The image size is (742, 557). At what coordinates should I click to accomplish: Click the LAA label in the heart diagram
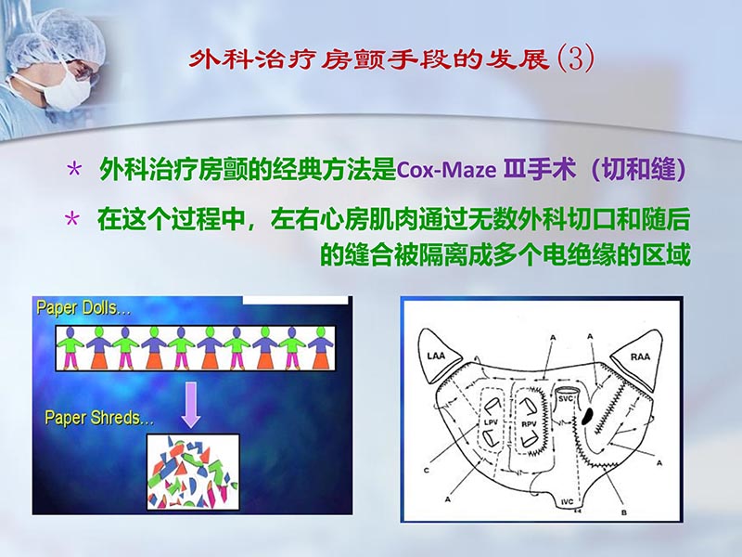[x=438, y=356]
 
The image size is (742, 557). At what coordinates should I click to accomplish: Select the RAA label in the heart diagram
[x=641, y=356]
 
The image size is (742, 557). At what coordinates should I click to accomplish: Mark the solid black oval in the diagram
[x=587, y=416]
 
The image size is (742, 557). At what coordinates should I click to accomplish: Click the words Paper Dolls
[x=83, y=308]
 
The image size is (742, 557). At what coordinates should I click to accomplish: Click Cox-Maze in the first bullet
[x=435, y=171]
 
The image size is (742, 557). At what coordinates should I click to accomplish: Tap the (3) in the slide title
[x=573, y=59]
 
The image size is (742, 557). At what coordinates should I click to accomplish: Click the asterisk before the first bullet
[x=75, y=171]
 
